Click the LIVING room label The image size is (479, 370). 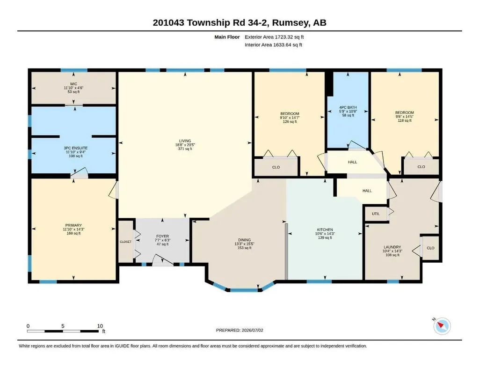[185, 141]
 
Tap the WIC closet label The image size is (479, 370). [73, 84]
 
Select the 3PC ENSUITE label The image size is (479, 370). [73, 148]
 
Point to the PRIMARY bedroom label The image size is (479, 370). [73, 225]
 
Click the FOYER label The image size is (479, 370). [162, 237]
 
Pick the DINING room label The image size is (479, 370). [244, 240]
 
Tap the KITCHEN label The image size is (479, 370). [325, 229]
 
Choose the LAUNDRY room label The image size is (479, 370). [392, 247]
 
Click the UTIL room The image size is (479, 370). [376, 214]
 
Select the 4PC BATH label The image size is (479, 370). [348, 107]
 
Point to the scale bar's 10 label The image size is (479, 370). [100, 326]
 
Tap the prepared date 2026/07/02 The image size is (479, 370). [252, 330]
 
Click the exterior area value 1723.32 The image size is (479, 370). [284, 37]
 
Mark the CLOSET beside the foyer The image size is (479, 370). [125, 242]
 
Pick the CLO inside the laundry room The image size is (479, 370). [430, 248]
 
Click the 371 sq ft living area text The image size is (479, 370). [185, 149]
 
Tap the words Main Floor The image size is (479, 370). [227, 37]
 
